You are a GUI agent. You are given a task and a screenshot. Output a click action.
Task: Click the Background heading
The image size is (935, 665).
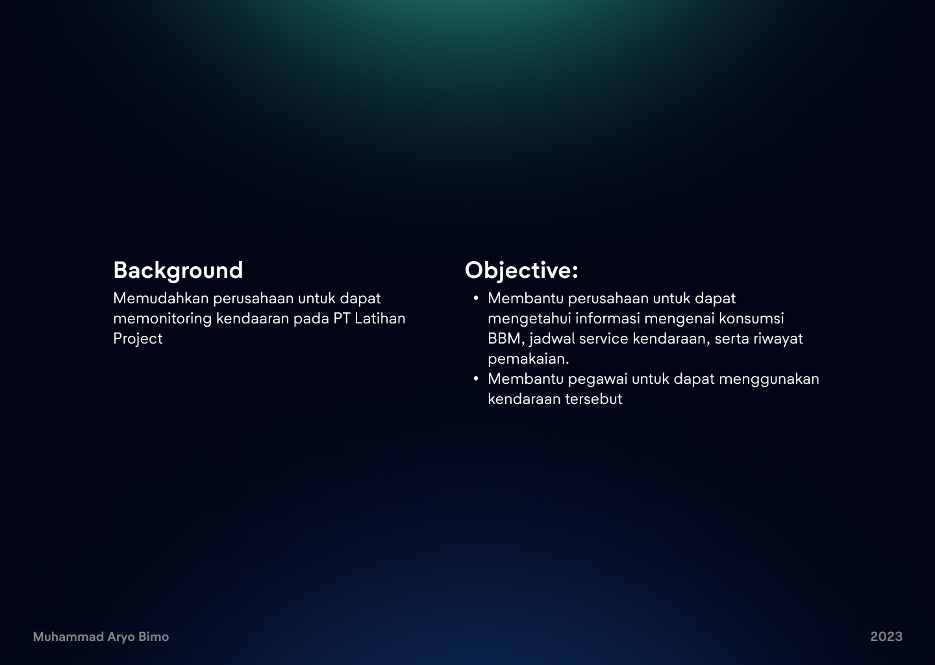(x=178, y=271)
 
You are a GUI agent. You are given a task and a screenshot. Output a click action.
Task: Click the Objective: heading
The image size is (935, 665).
(x=521, y=271)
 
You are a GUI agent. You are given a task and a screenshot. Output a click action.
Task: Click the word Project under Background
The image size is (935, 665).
(x=138, y=339)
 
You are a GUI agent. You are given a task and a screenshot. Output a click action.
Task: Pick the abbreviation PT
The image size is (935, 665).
(x=342, y=319)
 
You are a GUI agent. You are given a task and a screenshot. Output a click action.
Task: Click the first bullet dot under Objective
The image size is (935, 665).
(x=476, y=299)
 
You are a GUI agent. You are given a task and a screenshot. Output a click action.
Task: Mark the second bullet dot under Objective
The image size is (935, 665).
(x=476, y=379)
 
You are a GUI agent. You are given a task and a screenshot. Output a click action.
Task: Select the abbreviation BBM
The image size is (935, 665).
(x=505, y=339)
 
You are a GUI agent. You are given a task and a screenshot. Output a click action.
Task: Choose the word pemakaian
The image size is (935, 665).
(x=528, y=359)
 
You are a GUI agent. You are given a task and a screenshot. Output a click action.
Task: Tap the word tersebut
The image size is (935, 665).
(x=593, y=399)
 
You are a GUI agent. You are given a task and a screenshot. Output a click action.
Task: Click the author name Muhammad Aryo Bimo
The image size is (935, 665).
(x=101, y=637)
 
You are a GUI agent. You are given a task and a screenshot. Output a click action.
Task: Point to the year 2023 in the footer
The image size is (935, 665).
(x=886, y=637)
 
